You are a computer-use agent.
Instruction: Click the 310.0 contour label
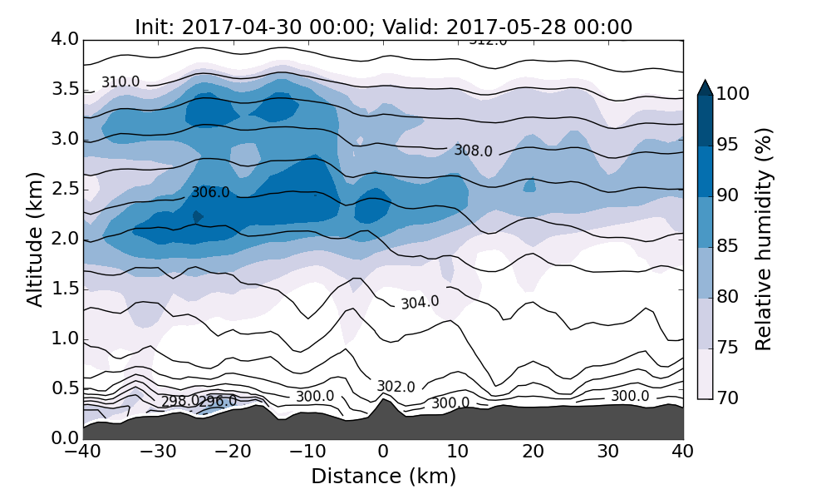click(120, 82)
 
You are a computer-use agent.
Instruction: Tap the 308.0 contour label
click(473, 151)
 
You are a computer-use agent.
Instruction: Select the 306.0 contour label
click(210, 192)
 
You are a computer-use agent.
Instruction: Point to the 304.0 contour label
click(420, 303)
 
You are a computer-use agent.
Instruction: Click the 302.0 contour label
click(396, 387)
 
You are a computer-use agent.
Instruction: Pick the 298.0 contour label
click(179, 402)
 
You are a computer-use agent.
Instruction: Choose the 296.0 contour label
click(218, 402)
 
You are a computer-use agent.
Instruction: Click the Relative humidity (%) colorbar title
click(764, 240)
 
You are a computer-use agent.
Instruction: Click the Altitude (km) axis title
click(34, 239)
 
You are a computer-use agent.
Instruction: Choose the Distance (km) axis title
click(383, 477)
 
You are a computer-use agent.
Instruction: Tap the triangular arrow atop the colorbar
click(705, 87)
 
